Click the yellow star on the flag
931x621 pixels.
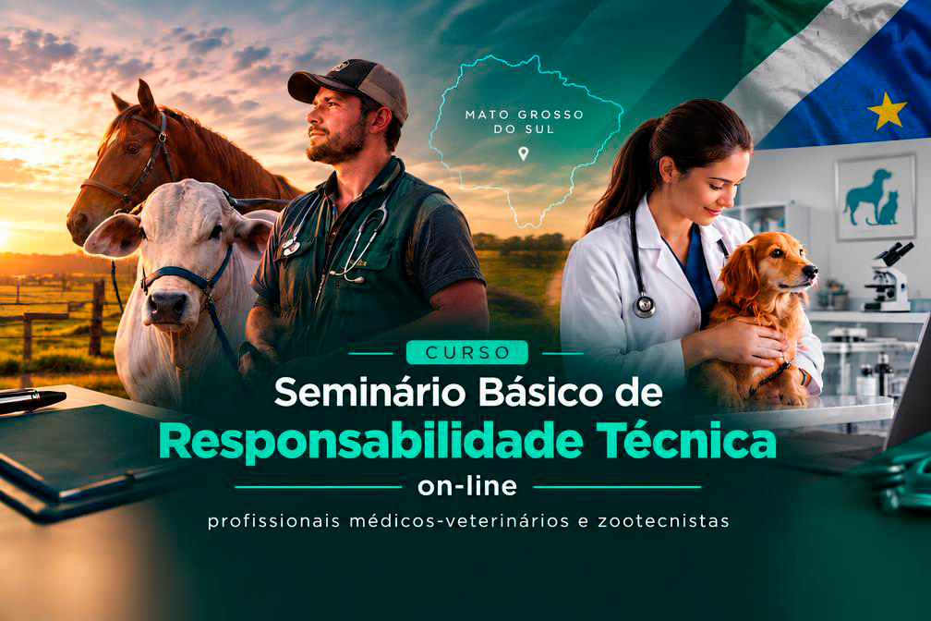(x=887, y=111)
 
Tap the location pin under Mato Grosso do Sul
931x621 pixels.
(x=523, y=154)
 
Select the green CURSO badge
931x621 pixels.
(x=467, y=352)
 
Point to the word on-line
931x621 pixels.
(x=467, y=487)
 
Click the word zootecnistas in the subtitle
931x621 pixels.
(x=663, y=521)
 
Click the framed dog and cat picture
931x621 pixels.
(x=876, y=197)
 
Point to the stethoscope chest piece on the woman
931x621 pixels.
(x=644, y=306)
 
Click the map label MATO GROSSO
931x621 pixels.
(x=525, y=115)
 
